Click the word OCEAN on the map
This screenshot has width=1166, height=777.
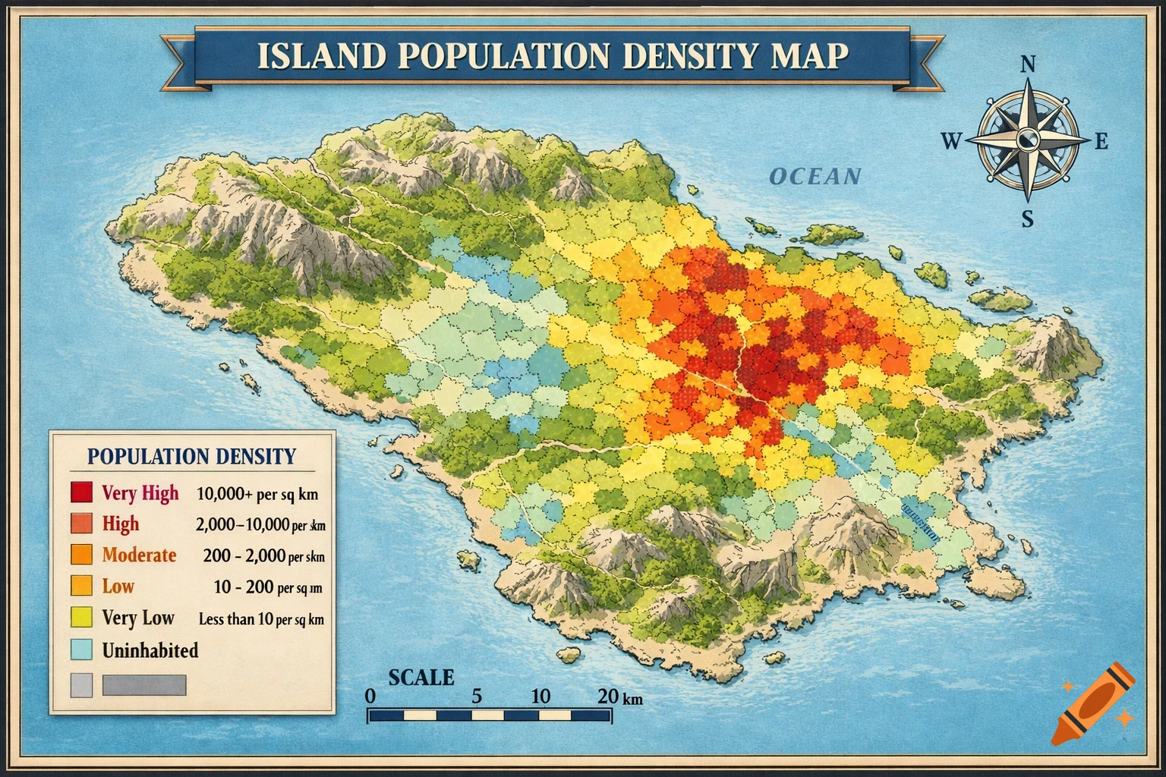tap(815, 177)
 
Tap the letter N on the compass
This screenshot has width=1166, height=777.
tap(1027, 64)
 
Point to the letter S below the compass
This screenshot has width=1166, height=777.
tap(1027, 219)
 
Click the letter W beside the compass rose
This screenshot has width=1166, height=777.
tap(951, 141)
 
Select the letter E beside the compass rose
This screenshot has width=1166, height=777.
tap(1101, 141)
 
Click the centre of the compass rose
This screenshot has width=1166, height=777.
tap(1027, 140)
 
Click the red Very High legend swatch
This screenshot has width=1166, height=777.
tap(81, 492)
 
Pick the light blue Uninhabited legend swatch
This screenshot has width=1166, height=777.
tap(81, 650)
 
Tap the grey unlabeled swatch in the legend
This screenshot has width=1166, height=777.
tap(81, 685)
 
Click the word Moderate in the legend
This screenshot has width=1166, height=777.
tap(139, 555)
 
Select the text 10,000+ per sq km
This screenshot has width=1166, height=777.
tap(257, 494)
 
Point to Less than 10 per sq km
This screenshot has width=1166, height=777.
tap(261, 619)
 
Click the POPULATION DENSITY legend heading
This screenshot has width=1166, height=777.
tap(191, 456)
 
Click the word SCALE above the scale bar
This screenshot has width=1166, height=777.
tap(421, 678)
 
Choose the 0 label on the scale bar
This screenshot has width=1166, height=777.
tap(370, 696)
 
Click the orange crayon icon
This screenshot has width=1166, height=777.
tap(1093, 703)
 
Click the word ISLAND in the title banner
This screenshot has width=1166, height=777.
tap(318, 56)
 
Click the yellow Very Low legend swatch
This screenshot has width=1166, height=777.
tap(81, 618)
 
